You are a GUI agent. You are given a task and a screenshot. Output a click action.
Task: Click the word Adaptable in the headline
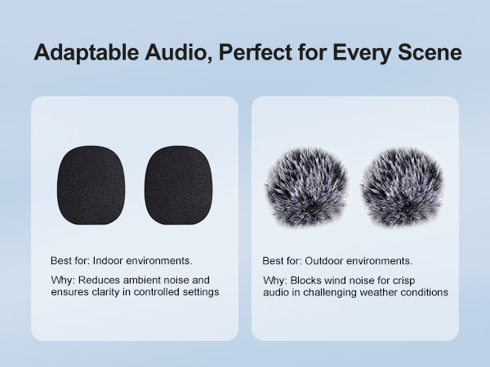pyautogui.click(x=87, y=52)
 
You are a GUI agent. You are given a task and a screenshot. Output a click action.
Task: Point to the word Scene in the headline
pyautogui.click(x=430, y=52)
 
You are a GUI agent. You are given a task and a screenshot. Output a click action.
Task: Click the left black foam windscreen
pyautogui.click(x=91, y=185)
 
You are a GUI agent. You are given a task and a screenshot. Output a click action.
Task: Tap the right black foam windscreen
pyautogui.click(x=178, y=185)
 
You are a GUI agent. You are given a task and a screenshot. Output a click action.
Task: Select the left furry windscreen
pyautogui.click(x=306, y=187)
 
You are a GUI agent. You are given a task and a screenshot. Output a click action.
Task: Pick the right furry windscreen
pyautogui.click(x=403, y=187)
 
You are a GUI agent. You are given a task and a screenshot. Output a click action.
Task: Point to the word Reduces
pyautogui.click(x=99, y=280)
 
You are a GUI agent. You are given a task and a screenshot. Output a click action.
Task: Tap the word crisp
pyautogui.click(x=403, y=281)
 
